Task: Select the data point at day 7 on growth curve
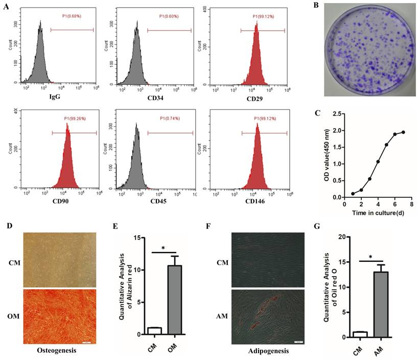click(404, 132)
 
